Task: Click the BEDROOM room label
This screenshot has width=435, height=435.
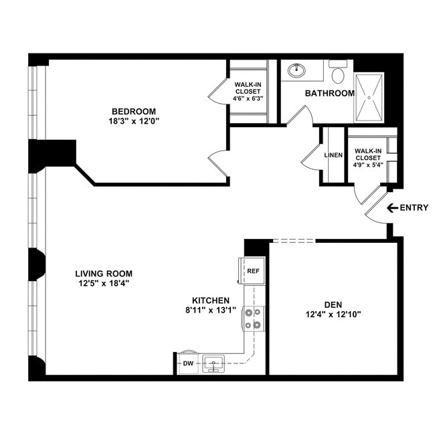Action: pos(134,111)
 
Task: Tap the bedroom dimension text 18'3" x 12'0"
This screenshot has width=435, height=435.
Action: pos(134,121)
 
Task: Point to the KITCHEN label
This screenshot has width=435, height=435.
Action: pos(211,300)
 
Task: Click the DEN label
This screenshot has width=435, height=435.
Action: pos(332,302)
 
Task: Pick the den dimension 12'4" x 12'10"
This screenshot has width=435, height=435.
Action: pos(332,313)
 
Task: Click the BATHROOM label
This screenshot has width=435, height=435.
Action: pos(329,93)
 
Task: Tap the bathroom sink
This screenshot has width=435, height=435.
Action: pos(296,70)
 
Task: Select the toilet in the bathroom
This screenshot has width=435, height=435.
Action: pos(338,73)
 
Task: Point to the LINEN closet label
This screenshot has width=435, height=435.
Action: pos(333,155)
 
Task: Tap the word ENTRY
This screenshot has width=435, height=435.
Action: pos(414,207)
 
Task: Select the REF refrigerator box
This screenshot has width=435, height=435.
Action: pos(253,271)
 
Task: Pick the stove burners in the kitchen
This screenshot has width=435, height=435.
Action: pos(254,319)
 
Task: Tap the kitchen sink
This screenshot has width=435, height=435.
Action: pos(213,363)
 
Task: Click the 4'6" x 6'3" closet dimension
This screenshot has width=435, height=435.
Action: pos(248,98)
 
